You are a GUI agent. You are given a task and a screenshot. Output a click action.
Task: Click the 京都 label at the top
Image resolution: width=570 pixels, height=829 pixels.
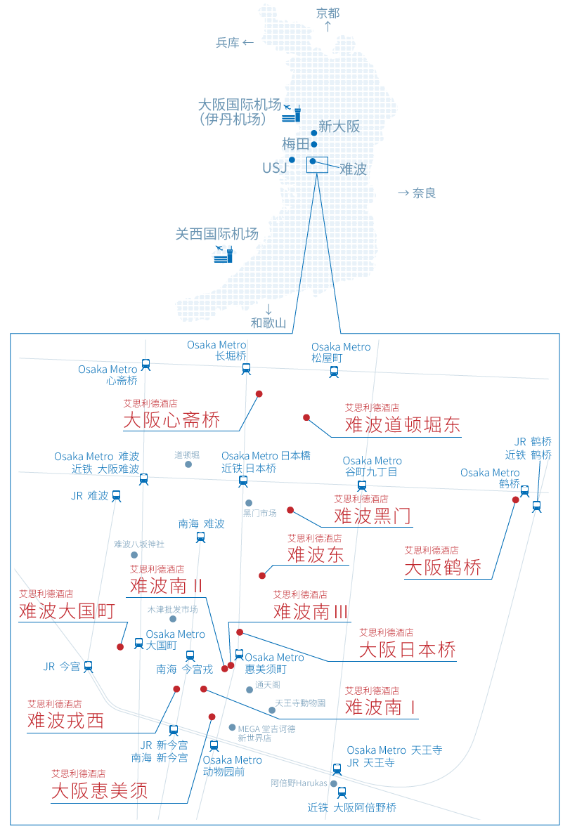[328, 13]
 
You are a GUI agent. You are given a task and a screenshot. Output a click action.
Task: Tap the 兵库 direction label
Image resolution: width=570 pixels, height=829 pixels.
[228, 43]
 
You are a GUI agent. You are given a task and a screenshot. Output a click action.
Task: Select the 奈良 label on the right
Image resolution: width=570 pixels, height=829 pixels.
[425, 192]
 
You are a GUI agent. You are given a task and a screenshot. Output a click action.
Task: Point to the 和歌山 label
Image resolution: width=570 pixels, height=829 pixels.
[268, 323]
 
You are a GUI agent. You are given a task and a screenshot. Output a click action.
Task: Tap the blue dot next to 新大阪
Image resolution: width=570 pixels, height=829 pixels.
[314, 133]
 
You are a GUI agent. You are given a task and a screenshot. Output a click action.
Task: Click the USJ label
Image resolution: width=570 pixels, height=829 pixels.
[274, 168]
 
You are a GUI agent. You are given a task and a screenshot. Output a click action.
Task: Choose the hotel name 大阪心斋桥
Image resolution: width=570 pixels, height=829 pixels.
[171, 420]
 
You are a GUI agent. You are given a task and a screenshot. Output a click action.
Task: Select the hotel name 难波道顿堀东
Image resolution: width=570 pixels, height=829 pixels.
[403, 424]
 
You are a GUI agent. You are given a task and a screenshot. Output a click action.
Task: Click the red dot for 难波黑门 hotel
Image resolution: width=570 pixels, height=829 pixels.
[290, 510]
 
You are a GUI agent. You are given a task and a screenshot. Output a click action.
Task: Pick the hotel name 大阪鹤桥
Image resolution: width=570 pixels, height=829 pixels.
[443, 568]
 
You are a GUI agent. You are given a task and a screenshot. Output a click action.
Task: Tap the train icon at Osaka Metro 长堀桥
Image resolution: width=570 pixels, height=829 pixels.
[245, 368]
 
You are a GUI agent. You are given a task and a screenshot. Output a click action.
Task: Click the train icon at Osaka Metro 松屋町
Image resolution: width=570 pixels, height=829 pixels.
[334, 371]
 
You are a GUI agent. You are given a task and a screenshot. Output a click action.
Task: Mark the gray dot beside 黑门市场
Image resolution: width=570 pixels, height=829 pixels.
[249, 503]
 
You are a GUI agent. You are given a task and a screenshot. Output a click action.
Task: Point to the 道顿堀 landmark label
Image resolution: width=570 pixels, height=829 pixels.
[187, 455]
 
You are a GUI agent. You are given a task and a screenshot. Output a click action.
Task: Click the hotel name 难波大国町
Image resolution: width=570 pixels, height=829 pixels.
[67, 611]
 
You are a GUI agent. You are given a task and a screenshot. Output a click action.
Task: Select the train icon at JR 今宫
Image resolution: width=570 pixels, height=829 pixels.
[89, 666]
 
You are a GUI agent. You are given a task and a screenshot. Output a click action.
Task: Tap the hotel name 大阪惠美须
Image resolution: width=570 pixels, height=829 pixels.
[99, 790]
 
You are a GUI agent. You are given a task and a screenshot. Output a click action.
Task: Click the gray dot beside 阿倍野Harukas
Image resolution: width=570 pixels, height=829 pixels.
[334, 783]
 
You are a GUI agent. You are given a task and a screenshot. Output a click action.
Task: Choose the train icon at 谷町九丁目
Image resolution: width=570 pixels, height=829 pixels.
[362, 485]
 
